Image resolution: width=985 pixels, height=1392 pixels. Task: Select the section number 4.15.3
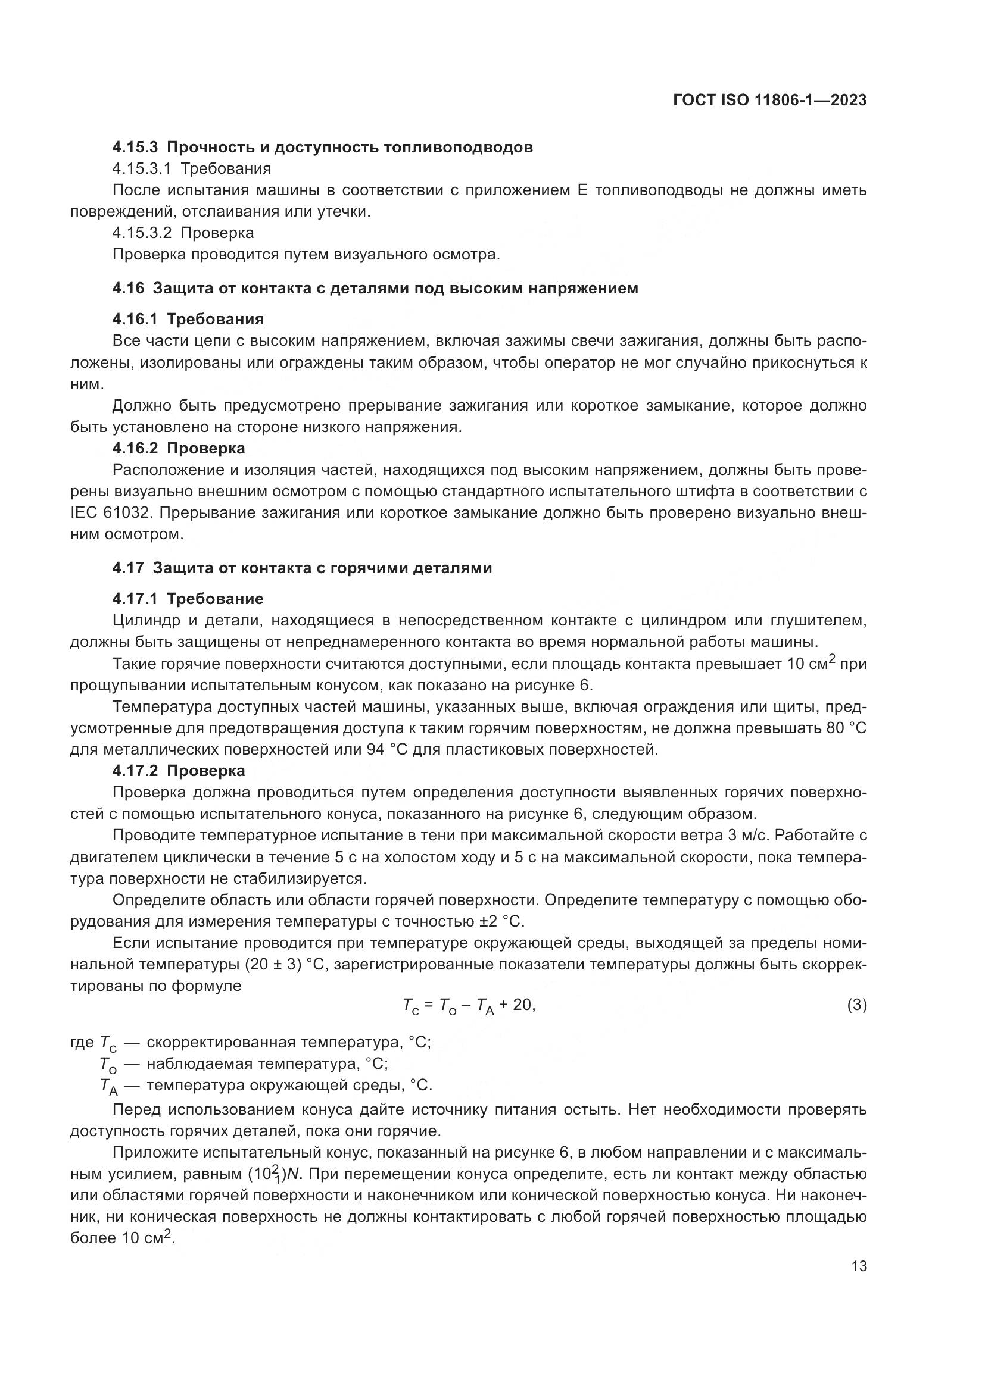click(x=135, y=148)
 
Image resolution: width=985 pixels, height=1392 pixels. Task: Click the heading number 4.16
click(x=128, y=289)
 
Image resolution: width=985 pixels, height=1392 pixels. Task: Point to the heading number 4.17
click(x=128, y=568)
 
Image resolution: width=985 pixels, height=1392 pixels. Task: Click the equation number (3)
click(x=856, y=1005)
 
